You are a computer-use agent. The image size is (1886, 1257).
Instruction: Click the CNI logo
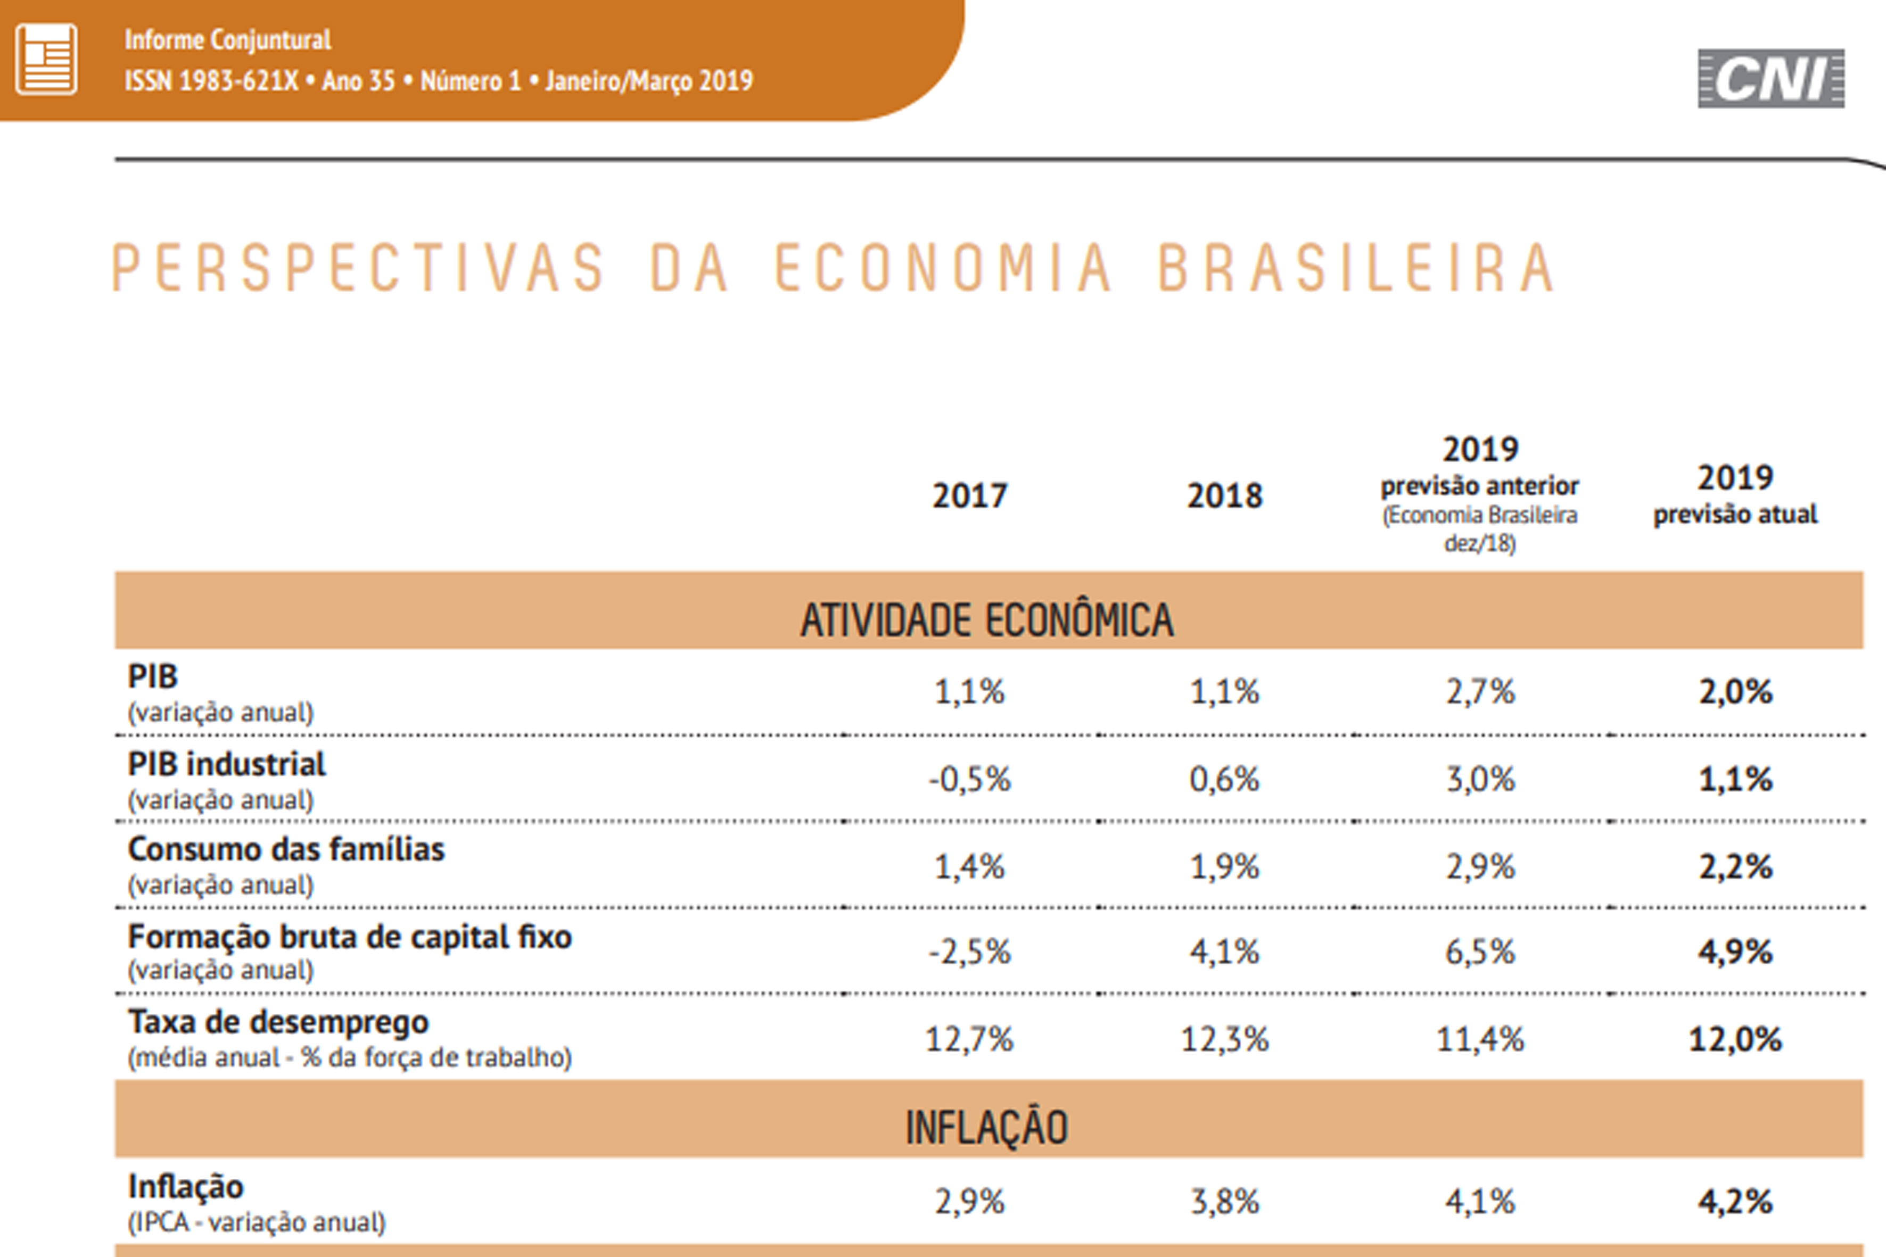[x=1770, y=79]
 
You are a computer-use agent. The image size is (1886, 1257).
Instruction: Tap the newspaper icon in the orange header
[x=46, y=59]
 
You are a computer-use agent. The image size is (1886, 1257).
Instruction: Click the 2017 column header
[x=969, y=495]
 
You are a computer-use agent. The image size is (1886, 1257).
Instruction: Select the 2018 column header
[x=1224, y=495]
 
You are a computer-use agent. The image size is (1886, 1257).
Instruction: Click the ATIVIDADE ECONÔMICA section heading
[x=986, y=619]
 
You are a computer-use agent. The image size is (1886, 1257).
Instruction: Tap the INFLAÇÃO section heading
[x=986, y=1127]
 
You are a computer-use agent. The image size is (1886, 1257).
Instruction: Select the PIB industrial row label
[x=227, y=764]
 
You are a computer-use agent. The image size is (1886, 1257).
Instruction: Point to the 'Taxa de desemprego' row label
[x=278, y=1022]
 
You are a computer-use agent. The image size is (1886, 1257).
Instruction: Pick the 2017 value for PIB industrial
[x=969, y=779]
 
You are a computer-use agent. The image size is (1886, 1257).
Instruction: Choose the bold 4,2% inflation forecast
[x=1735, y=1202]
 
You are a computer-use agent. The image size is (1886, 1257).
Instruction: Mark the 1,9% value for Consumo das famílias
[x=1224, y=866]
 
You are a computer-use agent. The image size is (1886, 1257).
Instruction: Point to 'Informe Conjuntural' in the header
[x=228, y=39]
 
